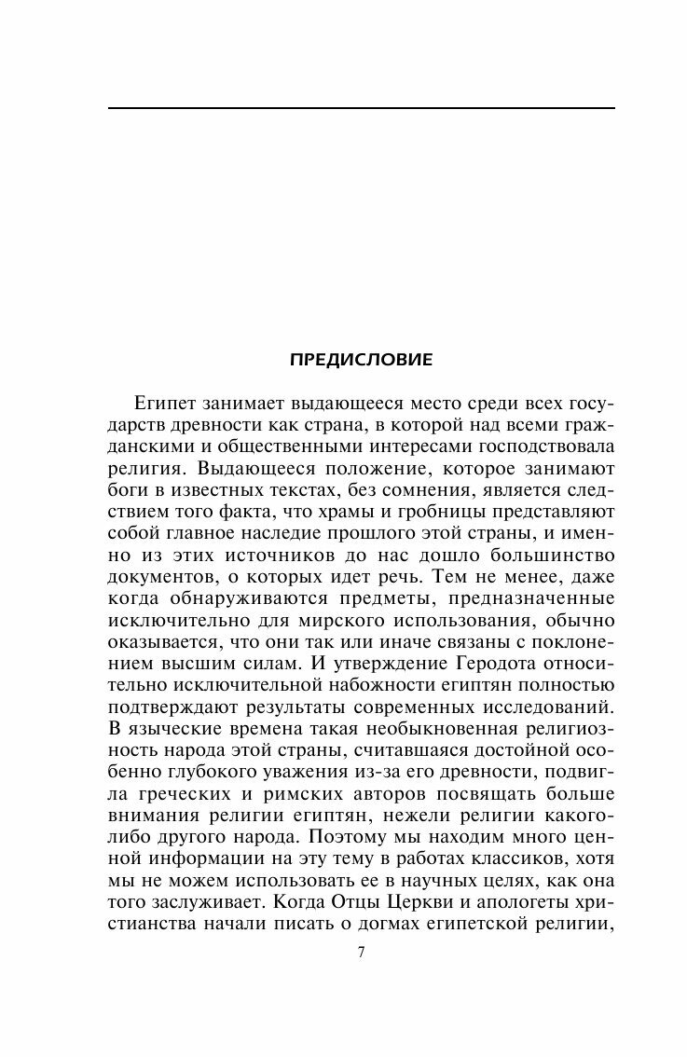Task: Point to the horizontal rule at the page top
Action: [x=362, y=109]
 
